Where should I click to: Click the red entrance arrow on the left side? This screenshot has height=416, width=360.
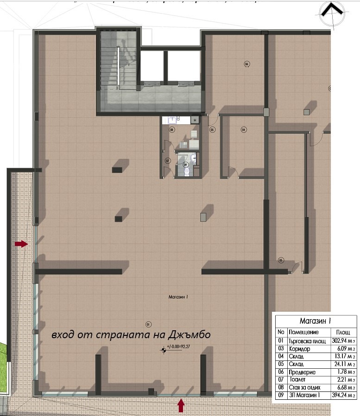21,244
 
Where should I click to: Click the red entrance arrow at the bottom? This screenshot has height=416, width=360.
181,406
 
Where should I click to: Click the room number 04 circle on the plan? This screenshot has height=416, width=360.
244,130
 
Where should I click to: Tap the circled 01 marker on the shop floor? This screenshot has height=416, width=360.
149,324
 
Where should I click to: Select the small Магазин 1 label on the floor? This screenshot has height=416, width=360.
178,298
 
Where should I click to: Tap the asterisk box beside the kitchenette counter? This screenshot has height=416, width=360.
195,120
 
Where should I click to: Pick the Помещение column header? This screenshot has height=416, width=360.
303,332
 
